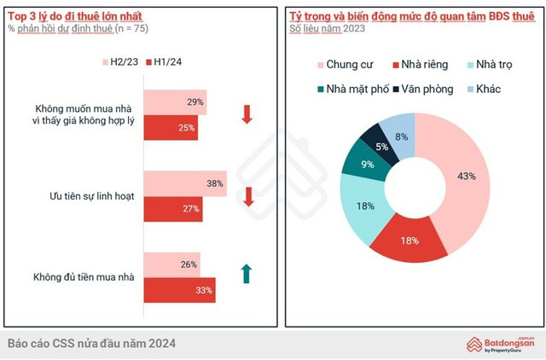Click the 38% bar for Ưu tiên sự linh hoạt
tap(184, 183)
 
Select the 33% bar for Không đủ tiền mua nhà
tap(179, 290)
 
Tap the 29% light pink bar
tap(174, 102)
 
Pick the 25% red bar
tap(170, 128)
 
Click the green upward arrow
tap(247, 273)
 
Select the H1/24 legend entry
tap(166, 62)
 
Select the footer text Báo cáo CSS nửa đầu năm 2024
tap(92, 343)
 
